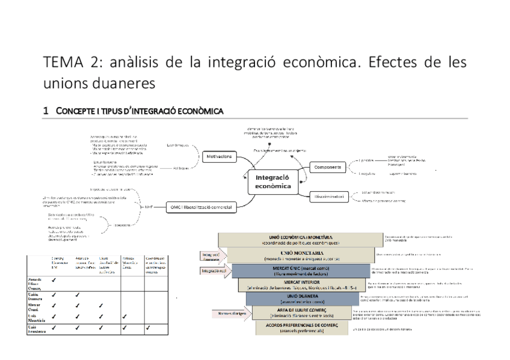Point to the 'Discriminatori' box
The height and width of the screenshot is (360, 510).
(x=328, y=196)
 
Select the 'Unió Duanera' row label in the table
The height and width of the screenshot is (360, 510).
(x=36, y=297)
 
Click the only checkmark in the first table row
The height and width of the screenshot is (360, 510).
(x=55, y=280)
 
